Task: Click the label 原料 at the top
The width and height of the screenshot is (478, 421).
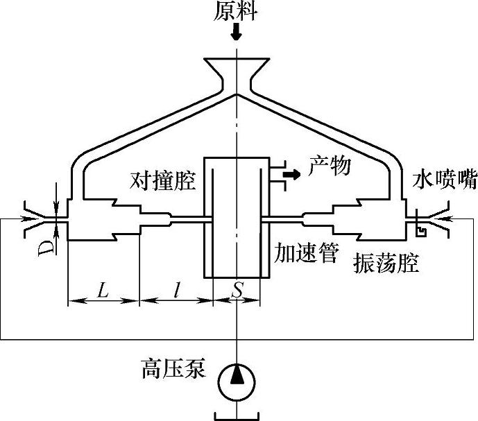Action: (x=237, y=10)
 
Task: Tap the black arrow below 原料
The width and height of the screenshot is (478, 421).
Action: (x=237, y=31)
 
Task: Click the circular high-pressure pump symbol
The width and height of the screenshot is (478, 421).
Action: (x=237, y=379)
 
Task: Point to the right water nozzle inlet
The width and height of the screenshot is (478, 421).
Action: (x=437, y=218)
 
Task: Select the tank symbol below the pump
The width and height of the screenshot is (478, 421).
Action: (x=237, y=414)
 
